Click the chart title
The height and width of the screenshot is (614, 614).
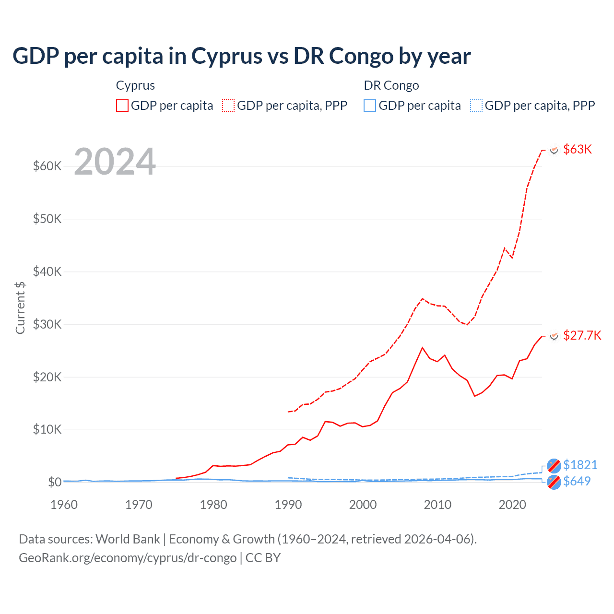pyautogui.click(x=241, y=56)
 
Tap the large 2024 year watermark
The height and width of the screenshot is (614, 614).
pyautogui.click(x=115, y=162)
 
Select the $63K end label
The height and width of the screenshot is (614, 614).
pyautogui.click(x=578, y=149)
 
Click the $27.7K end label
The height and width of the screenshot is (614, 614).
pyautogui.click(x=582, y=335)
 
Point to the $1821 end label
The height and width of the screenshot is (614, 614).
pyautogui.click(x=580, y=465)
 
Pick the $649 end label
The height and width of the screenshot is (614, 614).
pyautogui.click(x=577, y=481)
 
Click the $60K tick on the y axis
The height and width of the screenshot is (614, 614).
pyautogui.click(x=47, y=166)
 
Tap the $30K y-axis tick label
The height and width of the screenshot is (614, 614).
pyautogui.click(x=47, y=324)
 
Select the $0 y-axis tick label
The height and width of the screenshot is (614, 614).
pyautogui.click(x=55, y=482)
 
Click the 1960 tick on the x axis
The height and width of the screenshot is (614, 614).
pyautogui.click(x=64, y=505)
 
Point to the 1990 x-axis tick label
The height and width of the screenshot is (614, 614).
pyautogui.click(x=288, y=505)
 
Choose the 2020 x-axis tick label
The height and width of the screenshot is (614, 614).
pyautogui.click(x=512, y=505)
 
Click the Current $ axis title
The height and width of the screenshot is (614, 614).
pyautogui.click(x=20, y=307)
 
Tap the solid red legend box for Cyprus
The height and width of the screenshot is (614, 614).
pyautogui.click(x=122, y=106)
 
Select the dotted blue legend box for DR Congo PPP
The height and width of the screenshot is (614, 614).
pyautogui.click(x=476, y=106)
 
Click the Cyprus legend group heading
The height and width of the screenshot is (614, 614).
pyautogui.click(x=135, y=85)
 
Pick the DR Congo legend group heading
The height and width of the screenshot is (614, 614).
pyautogui.click(x=391, y=85)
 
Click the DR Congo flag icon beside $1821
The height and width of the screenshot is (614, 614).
pyautogui.click(x=554, y=465)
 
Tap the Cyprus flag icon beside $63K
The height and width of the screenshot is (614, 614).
pyautogui.click(x=554, y=150)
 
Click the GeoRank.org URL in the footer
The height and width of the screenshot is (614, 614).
pyautogui.click(x=128, y=558)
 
